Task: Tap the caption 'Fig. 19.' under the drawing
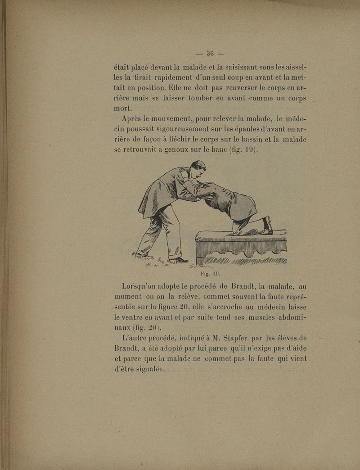[x=209, y=273]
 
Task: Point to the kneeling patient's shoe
[x=268, y=225]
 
